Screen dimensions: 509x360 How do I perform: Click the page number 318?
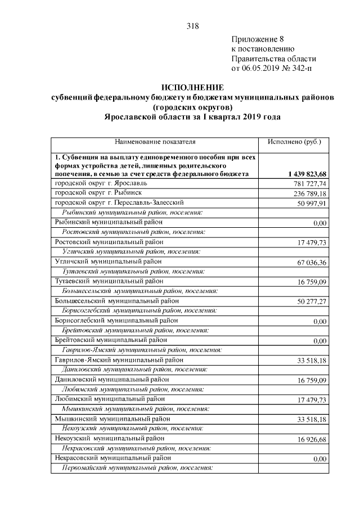pos(192,26)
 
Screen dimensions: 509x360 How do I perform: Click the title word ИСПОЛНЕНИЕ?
pos(192,88)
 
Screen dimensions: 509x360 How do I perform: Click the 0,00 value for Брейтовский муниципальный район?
pos(319,341)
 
